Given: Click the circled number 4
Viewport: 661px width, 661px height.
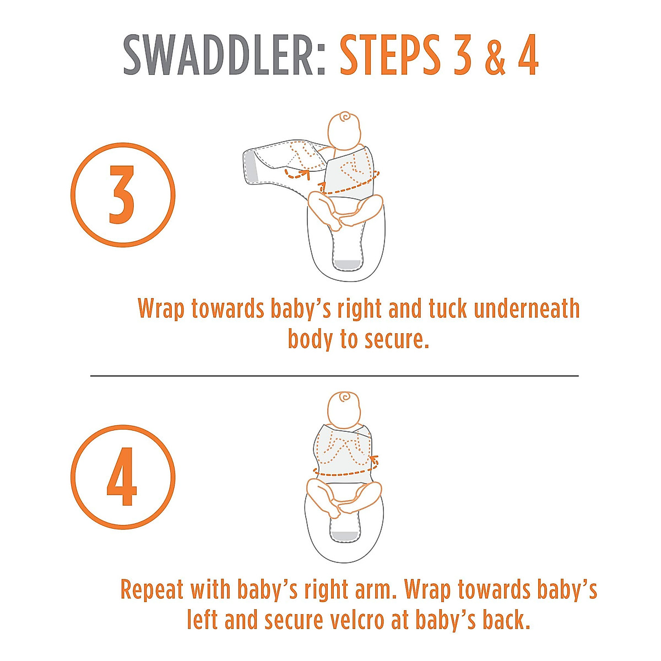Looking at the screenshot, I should pyautogui.click(x=122, y=476).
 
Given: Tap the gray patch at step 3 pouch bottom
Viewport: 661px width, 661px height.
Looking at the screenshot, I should pyautogui.click(x=346, y=264).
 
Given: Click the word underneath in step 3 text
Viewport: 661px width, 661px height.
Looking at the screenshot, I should pyautogui.click(x=527, y=309).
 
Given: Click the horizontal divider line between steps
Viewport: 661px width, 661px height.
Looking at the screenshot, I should pyautogui.click(x=334, y=376).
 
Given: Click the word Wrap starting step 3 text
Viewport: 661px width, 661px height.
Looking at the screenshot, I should pyautogui.click(x=161, y=309).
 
